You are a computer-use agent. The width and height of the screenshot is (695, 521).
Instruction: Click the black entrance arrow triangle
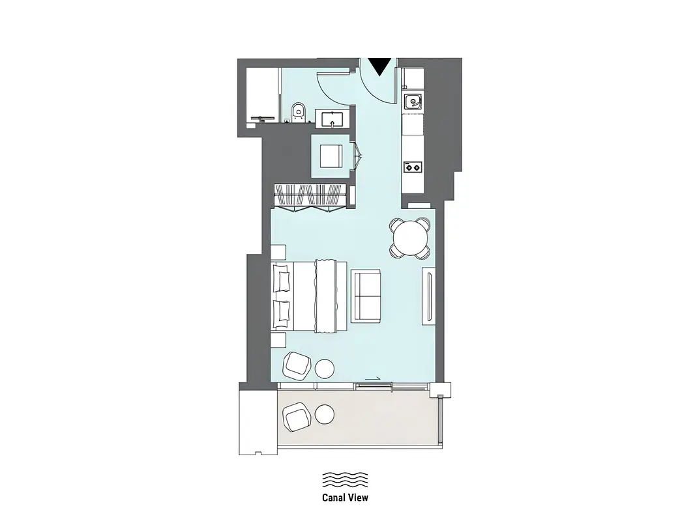(380, 66)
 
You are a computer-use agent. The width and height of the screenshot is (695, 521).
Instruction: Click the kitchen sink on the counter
(413, 102)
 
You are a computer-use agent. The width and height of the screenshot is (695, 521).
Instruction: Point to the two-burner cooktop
(413, 167)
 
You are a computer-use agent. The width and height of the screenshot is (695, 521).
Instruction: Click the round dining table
(411, 238)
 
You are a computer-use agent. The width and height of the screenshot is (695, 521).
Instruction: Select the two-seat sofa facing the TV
(366, 296)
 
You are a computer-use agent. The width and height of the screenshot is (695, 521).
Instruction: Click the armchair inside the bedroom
(297, 365)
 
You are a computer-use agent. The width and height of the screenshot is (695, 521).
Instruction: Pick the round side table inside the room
(325, 369)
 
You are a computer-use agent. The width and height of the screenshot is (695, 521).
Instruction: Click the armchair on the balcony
(297, 417)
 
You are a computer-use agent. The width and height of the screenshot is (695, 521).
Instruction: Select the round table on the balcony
(325, 415)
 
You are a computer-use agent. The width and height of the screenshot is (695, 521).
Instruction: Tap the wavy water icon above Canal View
(346, 480)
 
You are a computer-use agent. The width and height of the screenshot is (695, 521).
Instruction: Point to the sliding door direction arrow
(372, 379)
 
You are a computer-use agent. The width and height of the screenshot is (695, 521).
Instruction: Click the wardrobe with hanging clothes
(310, 195)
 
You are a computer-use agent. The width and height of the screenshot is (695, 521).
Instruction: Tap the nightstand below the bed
(278, 340)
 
